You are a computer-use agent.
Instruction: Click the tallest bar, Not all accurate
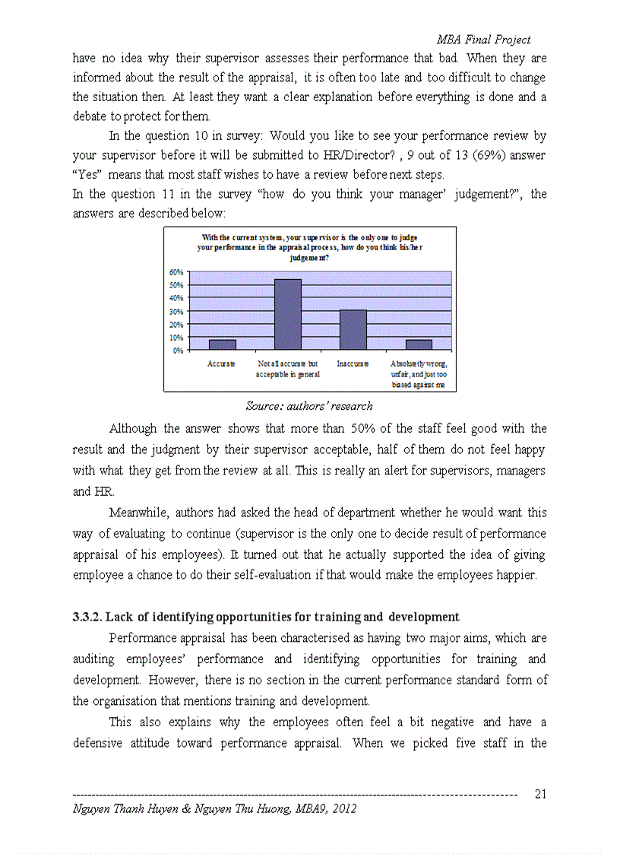point(287,314)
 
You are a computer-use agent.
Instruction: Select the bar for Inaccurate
point(353,330)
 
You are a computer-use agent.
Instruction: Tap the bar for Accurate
point(222,344)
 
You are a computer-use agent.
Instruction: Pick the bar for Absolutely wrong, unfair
point(419,344)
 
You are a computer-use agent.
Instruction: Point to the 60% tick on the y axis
point(176,271)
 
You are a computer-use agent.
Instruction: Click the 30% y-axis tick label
point(176,311)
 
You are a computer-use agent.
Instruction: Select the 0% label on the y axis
point(179,351)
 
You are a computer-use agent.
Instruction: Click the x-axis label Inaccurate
point(353,364)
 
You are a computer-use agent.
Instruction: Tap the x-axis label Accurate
point(221,364)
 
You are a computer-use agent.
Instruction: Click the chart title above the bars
point(309,248)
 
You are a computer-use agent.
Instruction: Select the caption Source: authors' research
point(309,406)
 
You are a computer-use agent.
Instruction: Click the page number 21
point(541,795)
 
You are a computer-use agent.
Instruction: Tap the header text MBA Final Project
point(483,40)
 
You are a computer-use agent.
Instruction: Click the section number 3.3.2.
point(90,617)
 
